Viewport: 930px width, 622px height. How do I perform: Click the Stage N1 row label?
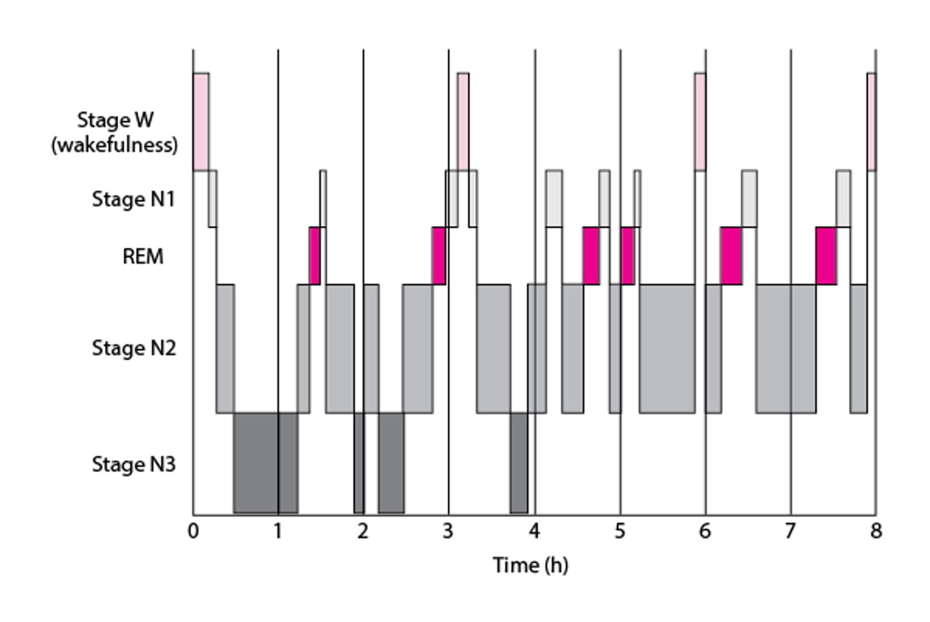pyautogui.click(x=133, y=199)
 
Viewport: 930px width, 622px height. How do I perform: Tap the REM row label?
pyautogui.click(x=143, y=257)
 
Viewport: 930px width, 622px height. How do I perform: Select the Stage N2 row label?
pyautogui.click(x=133, y=347)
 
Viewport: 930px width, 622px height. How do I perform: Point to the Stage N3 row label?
pyautogui.click(x=133, y=465)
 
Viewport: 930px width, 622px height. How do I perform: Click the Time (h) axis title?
pyautogui.click(x=530, y=565)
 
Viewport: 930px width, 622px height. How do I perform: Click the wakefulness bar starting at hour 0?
pyautogui.click(x=201, y=121)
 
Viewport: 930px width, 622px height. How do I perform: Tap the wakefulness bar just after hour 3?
pyautogui.click(x=463, y=121)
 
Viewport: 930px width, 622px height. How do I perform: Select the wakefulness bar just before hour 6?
pyautogui.click(x=700, y=121)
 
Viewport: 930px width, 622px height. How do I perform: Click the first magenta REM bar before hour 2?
pyautogui.click(x=315, y=256)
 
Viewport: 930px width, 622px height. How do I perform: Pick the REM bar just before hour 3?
pyautogui.click(x=439, y=256)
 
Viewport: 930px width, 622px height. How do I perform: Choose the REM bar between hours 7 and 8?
pyautogui.click(x=826, y=256)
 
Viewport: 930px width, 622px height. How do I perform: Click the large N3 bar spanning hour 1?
pyautogui.click(x=265, y=463)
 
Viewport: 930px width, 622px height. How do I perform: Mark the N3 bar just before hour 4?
pyautogui.click(x=518, y=463)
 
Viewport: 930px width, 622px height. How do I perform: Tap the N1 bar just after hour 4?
pyautogui.click(x=553, y=199)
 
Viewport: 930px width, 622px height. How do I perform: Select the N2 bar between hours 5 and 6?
pyautogui.click(x=666, y=349)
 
